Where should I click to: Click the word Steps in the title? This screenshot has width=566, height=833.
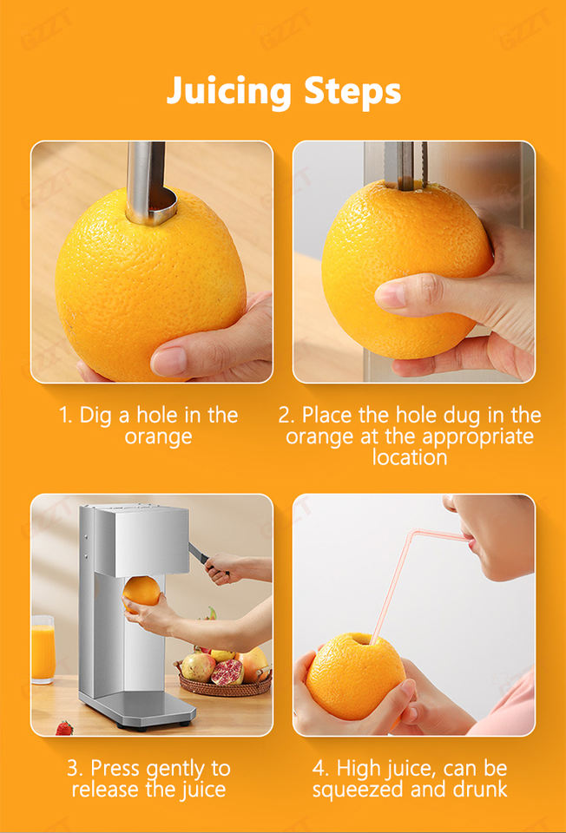point(352,90)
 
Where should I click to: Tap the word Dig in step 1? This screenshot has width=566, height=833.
point(95,416)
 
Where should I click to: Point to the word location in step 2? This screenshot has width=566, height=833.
point(409,457)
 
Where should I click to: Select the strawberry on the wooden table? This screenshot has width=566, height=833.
point(63,728)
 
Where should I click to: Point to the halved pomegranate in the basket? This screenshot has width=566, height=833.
point(227,672)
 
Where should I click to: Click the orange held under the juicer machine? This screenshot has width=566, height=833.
point(141,592)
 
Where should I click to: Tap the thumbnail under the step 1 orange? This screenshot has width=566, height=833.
point(169,361)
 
